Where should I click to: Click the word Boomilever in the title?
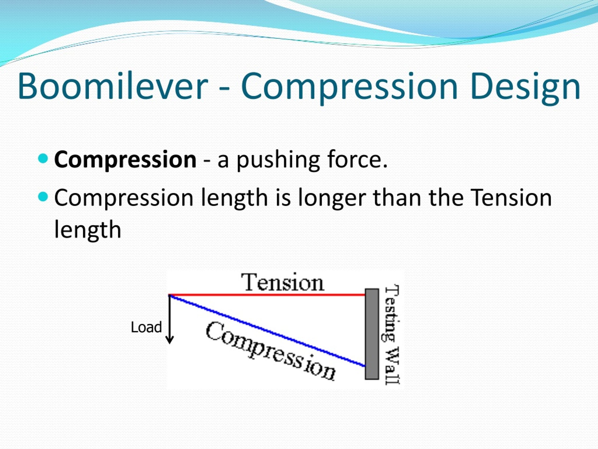coord(113,86)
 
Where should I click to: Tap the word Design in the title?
coord(525,88)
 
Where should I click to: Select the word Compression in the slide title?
coord(349,88)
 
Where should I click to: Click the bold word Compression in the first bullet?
coord(125,160)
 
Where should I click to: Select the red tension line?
coord(267,294)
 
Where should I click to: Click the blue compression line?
coord(267,331)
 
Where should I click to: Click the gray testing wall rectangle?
coord(372,334)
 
